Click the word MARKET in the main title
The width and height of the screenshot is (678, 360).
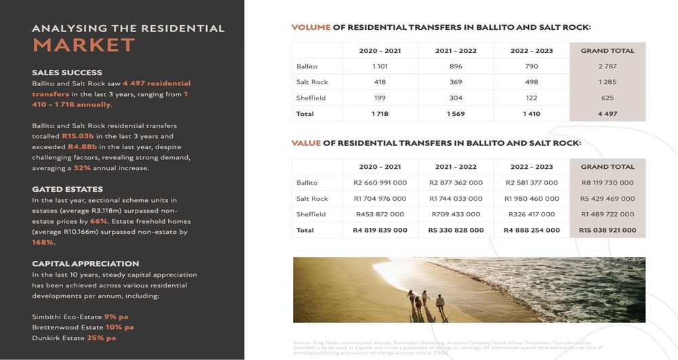click(83, 45)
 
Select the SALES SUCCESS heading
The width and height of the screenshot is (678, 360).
click(67, 73)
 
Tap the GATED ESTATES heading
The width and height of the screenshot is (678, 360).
click(68, 189)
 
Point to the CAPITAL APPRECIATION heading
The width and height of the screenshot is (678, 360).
click(85, 264)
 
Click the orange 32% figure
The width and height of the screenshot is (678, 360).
click(82, 168)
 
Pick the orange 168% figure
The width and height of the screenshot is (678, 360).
click(43, 242)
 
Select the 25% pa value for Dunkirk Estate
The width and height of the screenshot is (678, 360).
click(101, 338)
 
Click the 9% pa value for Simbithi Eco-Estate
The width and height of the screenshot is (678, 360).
click(116, 317)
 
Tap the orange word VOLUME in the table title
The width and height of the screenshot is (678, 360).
click(311, 28)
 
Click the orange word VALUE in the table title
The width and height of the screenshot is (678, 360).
click(306, 144)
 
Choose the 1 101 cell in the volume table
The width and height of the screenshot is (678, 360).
click(380, 66)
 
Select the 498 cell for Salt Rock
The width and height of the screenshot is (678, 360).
click(532, 82)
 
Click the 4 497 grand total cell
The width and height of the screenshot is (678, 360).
click(607, 114)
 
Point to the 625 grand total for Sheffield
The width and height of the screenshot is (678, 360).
click(607, 98)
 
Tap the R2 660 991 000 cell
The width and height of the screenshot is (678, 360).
click(380, 182)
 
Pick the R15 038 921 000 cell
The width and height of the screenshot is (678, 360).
click(607, 230)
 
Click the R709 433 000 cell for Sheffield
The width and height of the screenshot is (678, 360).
click(456, 214)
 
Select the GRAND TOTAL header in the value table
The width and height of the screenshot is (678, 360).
click(607, 167)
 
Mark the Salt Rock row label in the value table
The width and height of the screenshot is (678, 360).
click(312, 199)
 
